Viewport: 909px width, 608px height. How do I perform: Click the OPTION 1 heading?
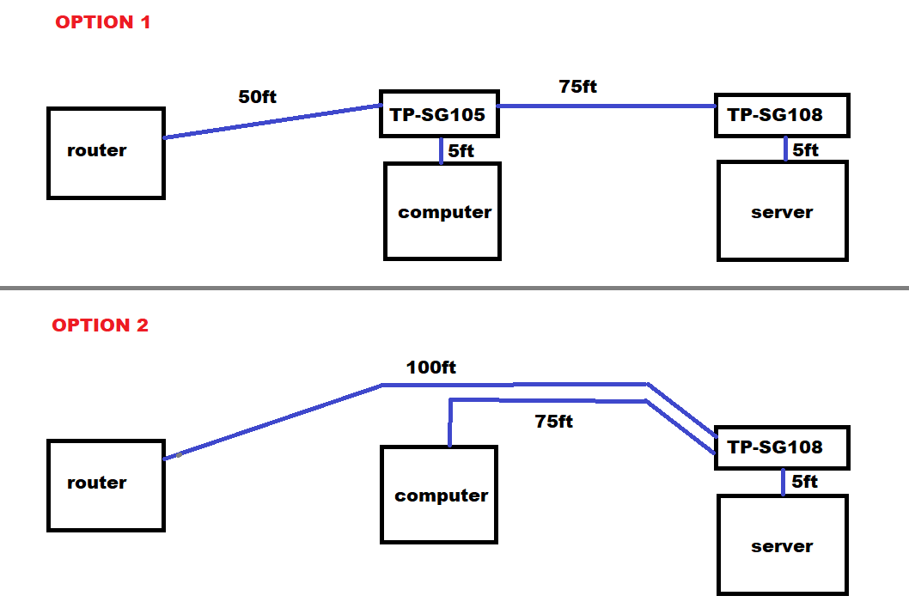tap(103, 22)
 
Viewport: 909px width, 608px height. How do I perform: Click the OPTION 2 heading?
tap(101, 325)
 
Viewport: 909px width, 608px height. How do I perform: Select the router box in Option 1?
tap(106, 153)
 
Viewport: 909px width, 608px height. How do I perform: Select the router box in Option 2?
tap(106, 485)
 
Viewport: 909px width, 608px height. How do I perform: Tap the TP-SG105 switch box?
tap(439, 114)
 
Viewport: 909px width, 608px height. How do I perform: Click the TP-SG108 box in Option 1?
tap(781, 115)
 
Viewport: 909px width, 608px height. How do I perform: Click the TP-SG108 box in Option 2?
tap(781, 447)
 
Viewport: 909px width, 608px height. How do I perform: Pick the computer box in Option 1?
tap(442, 211)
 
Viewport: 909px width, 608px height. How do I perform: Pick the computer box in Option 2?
tap(439, 495)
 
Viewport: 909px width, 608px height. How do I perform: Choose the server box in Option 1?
tap(782, 211)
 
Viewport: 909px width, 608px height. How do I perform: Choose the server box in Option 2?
tap(782, 545)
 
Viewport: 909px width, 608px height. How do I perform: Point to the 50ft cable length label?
tap(258, 97)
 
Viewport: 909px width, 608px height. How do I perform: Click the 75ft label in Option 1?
tap(577, 87)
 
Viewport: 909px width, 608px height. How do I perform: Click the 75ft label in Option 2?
tap(553, 422)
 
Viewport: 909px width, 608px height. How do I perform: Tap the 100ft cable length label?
tap(431, 368)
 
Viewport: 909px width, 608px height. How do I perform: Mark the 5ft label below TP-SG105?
tap(461, 151)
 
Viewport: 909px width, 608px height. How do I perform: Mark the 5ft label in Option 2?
tap(805, 482)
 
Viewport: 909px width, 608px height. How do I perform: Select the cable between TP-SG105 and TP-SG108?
tap(607, 106)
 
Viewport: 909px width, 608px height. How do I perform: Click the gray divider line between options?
tap(454, 288)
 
